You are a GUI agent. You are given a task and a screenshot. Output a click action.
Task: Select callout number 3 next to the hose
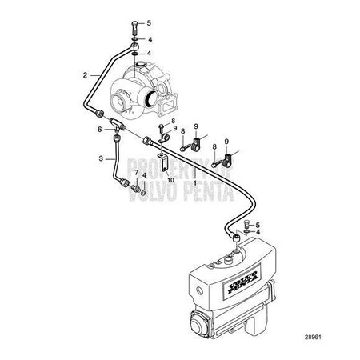pos(101,159)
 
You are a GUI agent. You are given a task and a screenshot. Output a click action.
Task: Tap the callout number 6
pos(101,129)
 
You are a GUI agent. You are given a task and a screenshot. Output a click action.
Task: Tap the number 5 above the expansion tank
pos(258,225)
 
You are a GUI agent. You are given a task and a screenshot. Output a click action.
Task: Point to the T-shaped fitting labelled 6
pos(118,126)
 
